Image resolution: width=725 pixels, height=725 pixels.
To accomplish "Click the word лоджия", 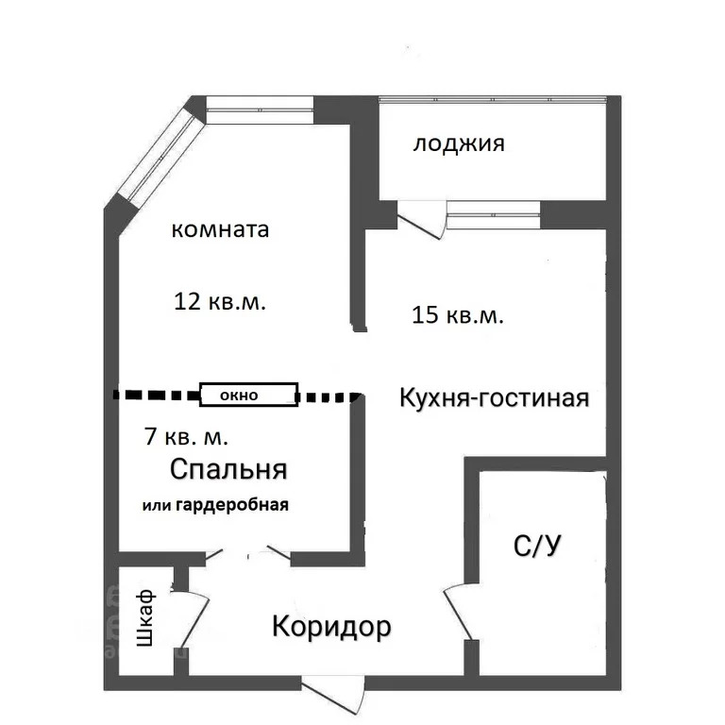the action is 458,143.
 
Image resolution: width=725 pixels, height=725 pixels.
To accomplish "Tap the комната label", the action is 220,229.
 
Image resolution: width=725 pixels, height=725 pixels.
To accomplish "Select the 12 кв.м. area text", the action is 220,301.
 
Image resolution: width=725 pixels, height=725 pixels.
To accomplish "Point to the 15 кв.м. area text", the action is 457,315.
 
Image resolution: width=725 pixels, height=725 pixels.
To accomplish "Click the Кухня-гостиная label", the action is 495,398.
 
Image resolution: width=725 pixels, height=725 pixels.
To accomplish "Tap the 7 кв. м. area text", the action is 186,436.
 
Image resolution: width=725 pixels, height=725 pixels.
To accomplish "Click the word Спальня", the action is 228,470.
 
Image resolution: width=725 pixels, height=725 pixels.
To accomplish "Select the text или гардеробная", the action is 215,505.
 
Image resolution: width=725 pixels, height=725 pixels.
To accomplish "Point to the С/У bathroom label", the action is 537,546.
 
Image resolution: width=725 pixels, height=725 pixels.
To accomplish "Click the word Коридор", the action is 331,627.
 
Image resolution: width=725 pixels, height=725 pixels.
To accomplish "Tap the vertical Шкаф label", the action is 145,617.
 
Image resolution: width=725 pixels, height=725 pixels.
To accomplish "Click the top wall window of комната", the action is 260,110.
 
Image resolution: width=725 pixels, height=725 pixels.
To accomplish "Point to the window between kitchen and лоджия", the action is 494,214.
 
